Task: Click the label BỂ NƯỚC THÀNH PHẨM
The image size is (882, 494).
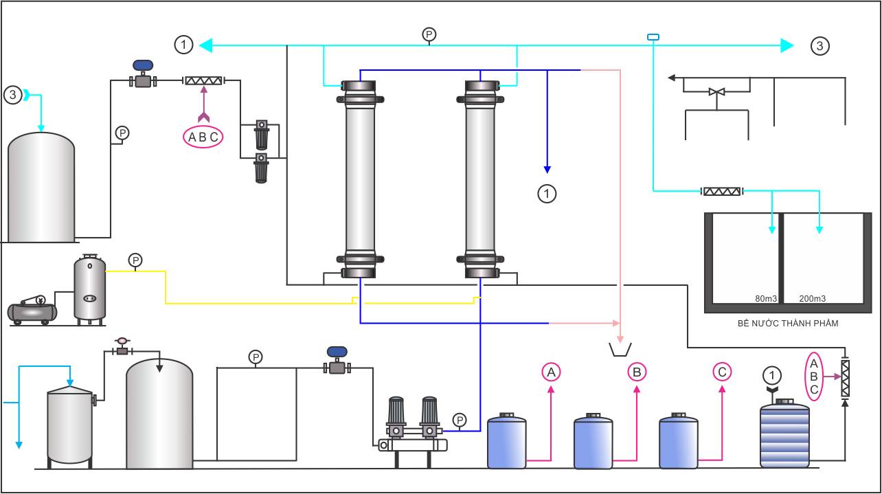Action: (x=788, y=324)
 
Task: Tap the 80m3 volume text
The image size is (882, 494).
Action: (x=766, y=299)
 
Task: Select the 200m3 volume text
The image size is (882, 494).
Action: (x=813, y=299)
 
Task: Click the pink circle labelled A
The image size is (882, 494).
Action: (x=551, y=372)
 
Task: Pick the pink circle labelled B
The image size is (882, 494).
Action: (x=637, y=372)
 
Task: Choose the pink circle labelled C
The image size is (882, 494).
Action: (x=722, y=372)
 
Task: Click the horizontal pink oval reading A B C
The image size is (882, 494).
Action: (x=203, y=137)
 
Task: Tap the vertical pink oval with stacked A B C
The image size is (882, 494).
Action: (x=814, y=377)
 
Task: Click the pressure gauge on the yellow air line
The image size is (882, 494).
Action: (x=135, y=260)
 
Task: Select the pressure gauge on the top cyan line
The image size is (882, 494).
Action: (x=429, y=34)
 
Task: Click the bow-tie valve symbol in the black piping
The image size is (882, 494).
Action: (x=716, y=92)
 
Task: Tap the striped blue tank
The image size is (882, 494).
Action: (x=784, y=434)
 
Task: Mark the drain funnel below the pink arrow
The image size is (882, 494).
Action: (x=620, y=350)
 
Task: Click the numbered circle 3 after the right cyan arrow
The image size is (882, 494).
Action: (x=819, y=46)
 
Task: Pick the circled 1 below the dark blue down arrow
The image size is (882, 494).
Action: (x=547, y=194)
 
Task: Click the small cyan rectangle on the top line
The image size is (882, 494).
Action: (x=653, y=37)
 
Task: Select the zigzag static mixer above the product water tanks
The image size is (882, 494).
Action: (x=722, y=192)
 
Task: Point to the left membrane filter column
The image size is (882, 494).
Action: (x=360, y=179)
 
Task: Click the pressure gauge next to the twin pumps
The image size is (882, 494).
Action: (x=460, y=420)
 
